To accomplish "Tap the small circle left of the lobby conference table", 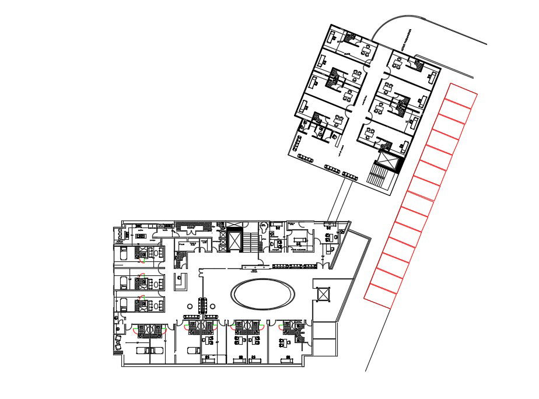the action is [x=190, y=307].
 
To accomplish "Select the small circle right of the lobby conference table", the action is [x=213, y=307].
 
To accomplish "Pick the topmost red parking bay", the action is [x=462, y=95].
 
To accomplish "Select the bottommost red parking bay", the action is [x=379, y=295].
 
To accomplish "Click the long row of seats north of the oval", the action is [x=295, y=267].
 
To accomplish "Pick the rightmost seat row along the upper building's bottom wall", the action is [x=349, y=174].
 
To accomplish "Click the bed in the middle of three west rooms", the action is [x=125, y=283].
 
